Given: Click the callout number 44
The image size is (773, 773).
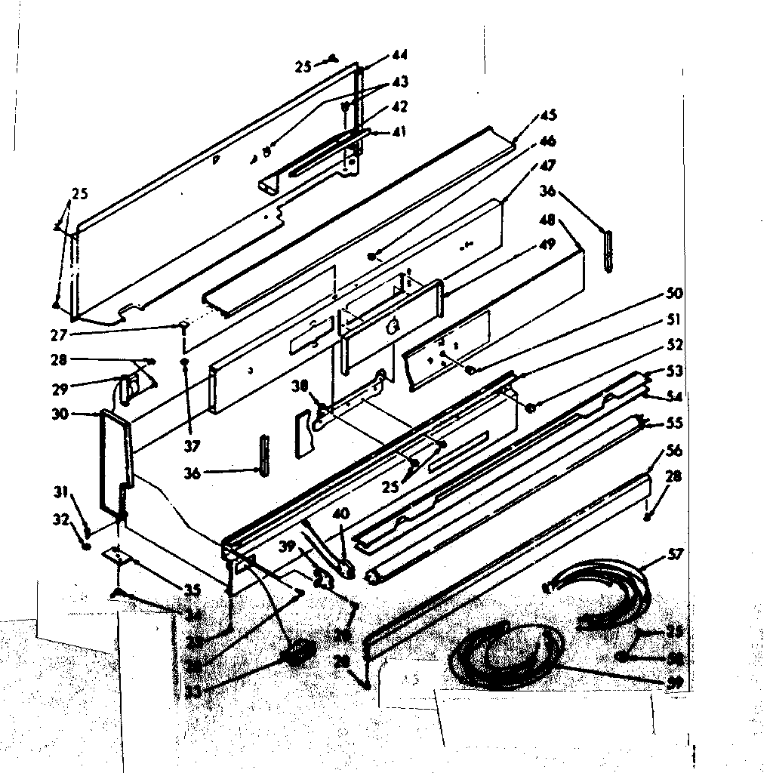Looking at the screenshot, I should click(399, 55).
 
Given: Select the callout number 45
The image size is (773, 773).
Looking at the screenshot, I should click(548, 115).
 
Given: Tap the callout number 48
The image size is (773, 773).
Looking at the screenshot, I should click(549, 220).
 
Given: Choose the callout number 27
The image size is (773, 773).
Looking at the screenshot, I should click(59, 334).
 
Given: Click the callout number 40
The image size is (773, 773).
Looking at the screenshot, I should click(340, 513).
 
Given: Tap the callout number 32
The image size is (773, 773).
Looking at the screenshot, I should click(60, 519).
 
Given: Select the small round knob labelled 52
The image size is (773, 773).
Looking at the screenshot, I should click(531, 408).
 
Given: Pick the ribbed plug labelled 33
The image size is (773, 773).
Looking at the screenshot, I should click(298, 651).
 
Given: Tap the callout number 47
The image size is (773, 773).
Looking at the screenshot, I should click(548, 165).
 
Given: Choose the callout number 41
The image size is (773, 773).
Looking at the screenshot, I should click(399, 131).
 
